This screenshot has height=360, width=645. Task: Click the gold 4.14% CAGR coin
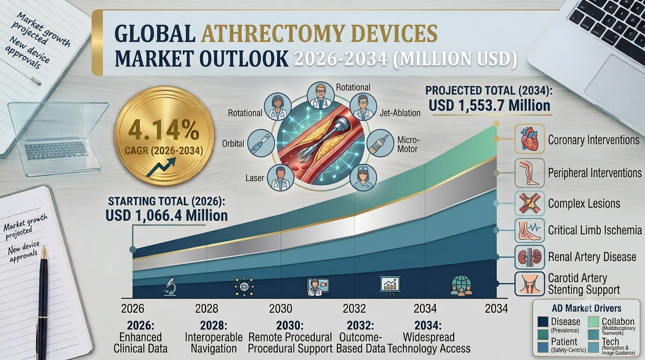[x=165, y=136]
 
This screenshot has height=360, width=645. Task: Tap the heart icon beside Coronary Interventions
[x=530, y=139]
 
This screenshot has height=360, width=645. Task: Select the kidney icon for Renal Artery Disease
[x=530, y=257]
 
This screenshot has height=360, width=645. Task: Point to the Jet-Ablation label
[x=400, y=113]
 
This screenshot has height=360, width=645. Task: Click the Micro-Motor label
[x=408, y=144]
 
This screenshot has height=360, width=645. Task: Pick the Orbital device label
[x=233, y=143]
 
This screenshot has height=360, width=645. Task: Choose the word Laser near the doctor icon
[x=255, y=178]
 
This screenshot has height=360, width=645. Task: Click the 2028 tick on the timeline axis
[x=206, y=308]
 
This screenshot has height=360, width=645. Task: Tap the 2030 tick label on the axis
[x=280, y=308]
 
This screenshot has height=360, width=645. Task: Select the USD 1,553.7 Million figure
[x=489, y=105]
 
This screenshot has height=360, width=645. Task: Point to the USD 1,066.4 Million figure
[x=166, y=216]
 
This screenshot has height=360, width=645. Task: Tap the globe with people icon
[x=461, y=285]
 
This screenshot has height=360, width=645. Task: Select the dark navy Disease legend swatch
[x=543, y=322]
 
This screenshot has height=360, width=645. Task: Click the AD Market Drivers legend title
[x=586, y=308]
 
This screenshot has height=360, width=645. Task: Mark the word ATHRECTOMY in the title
[x=319, y=33]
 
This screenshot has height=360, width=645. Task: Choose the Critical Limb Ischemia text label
[x=595, y=230]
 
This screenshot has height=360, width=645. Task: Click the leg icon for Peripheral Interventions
[x=530, y=173]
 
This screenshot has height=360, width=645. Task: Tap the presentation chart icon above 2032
[x=390, y=285]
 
